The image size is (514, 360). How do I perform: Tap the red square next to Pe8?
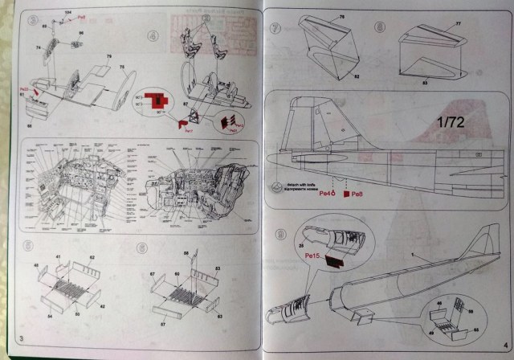coord(347,194)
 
